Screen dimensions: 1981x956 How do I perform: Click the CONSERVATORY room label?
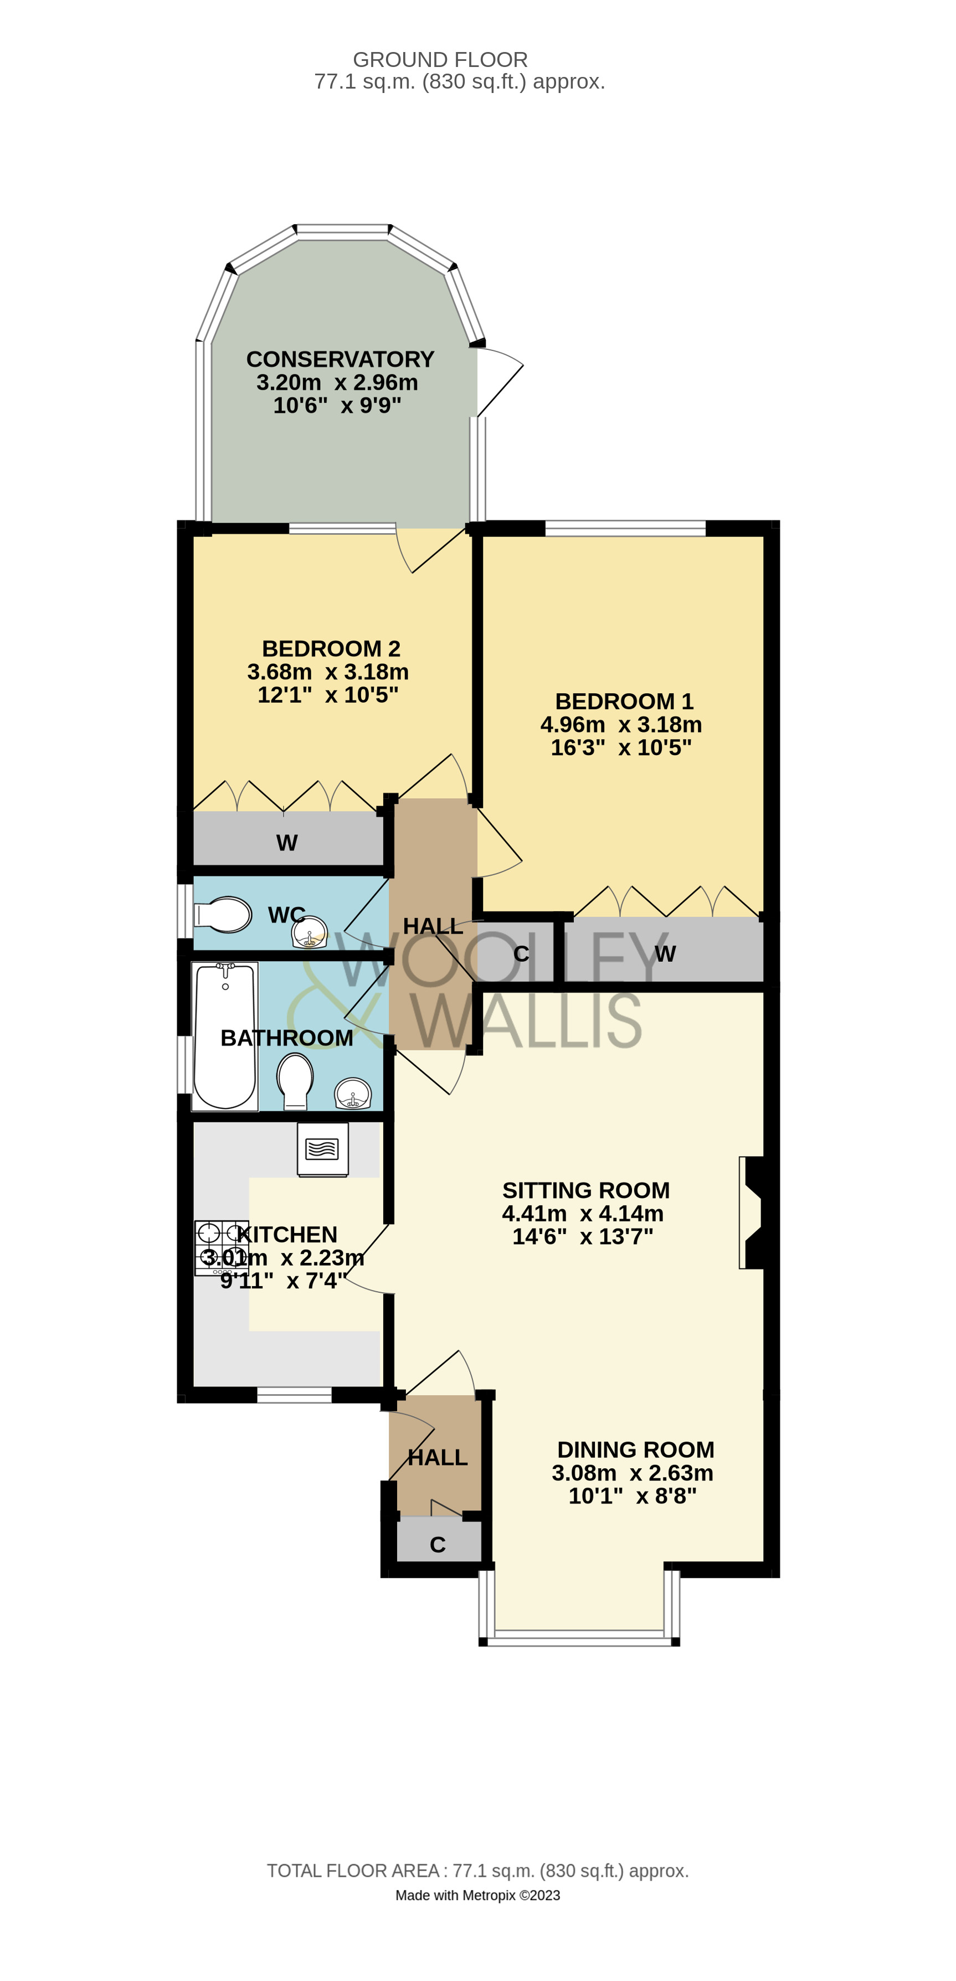pyautogui.click(x=340, y=359)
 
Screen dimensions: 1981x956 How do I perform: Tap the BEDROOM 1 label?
pyautogui.click(x=624, y=701)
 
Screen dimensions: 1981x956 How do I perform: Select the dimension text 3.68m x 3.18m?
pyautogui.click(x=328, y=672)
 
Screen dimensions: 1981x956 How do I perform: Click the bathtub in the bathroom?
pyautogui.click(x=224, y=1035)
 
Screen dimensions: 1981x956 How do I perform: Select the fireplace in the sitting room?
pyautogui.click(x=753, y=1213)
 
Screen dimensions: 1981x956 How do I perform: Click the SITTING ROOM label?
pyautogui.click(x=585, y=1190)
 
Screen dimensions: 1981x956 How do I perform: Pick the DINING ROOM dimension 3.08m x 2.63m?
pyautogui.click(x=632, y=1473)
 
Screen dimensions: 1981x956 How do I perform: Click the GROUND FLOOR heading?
pyautogui.click(x=440, y=60)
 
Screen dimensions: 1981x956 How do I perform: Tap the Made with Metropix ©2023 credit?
pyautogui.click(x=477, y=1896)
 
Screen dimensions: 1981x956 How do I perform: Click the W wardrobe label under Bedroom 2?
pyautogui.click(x=286, y=843)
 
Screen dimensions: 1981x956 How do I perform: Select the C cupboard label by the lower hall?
pyautogui.click(x=438, y=1545)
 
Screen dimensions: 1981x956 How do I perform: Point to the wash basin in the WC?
pyautogui.click(x=310, y=933)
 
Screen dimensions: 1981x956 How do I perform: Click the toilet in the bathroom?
pyautogui.click(x=295, y=1080)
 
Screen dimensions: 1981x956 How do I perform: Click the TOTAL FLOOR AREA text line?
pyautogui.click(x=477, y=1870)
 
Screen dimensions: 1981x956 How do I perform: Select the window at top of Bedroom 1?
pyautogui.click(x=625, y=528)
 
